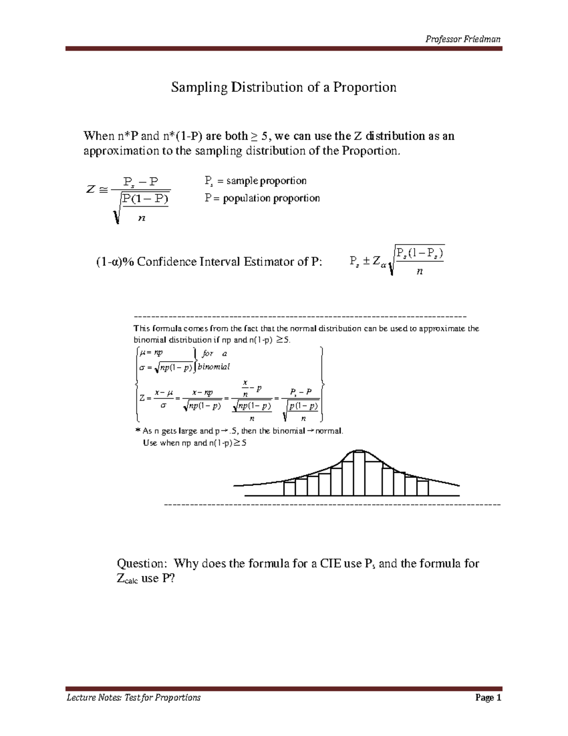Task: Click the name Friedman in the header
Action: pyautogui.click(x=482, y=39)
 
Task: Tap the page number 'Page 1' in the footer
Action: pyautogui.click(x=488, y=698)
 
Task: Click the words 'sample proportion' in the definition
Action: pyautogui.click(x=266, y=181)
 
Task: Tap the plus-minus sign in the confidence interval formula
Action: pyautogui.click(x=365, y=261)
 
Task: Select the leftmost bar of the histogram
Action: pyautogui.click(x=289, y=488)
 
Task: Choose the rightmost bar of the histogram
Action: pyautogui.click(x=423, y=488)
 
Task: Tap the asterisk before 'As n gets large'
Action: pyautogui.click(x=138, y=431)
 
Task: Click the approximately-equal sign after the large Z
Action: pyautogui.click(x=103, y=190)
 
